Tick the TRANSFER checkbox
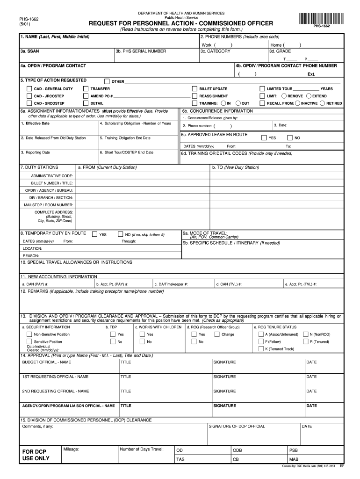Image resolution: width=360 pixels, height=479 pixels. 86,89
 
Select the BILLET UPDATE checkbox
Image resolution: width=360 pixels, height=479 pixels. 195,89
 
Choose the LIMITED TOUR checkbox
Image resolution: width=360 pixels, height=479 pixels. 262,89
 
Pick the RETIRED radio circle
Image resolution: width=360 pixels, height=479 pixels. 322,103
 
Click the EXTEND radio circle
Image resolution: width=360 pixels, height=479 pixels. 309,96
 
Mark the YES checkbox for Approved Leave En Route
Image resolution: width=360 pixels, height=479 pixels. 264,138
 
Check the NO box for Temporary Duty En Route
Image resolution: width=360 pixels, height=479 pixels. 121,234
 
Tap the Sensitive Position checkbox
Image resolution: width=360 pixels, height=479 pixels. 29,341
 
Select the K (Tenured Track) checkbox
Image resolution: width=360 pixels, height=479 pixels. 260,348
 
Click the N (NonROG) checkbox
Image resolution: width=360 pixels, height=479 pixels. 306,334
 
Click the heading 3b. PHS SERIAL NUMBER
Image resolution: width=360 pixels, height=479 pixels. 140,51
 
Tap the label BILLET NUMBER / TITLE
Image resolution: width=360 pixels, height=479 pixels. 52,183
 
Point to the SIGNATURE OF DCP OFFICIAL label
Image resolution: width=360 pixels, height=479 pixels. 237,426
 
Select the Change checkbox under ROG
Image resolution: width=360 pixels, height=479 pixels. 217,334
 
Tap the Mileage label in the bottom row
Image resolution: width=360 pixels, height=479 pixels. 71,449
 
